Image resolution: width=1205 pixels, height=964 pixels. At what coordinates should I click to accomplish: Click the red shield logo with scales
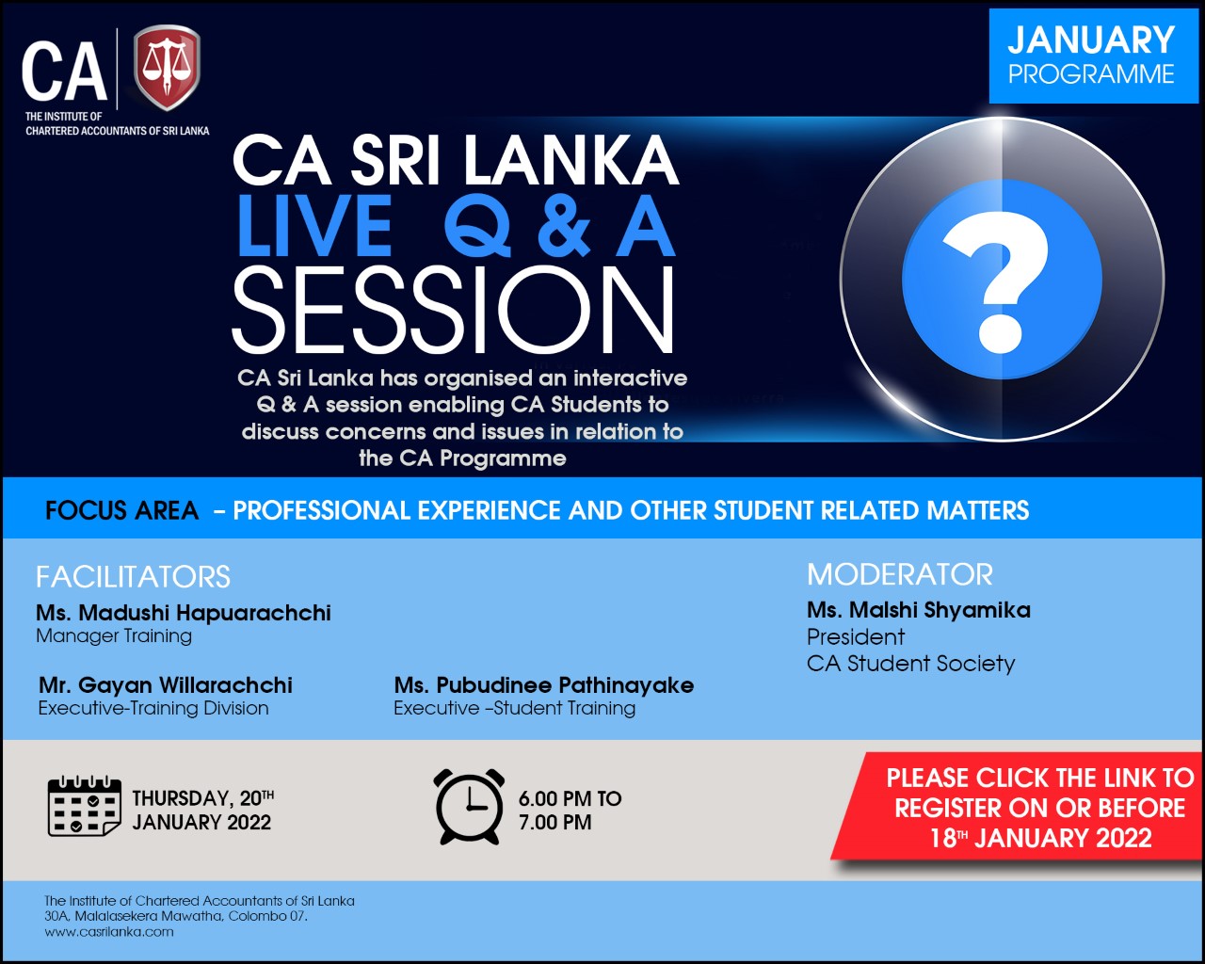click(x=167, y=67)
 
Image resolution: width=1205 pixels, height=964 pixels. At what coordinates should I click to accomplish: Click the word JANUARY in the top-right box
click(x=1091, y=40)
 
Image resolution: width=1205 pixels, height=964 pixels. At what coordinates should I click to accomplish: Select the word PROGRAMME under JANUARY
click(x=1091, y=74)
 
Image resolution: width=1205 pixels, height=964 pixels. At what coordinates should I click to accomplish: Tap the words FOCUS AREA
click(x=121, y=510)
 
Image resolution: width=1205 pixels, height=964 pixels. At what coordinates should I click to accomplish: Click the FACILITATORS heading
click(x=134, y=576)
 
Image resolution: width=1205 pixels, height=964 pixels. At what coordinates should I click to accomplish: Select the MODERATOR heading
click(x=900, y=574)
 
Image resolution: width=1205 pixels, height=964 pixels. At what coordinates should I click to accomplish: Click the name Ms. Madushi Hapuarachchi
click(x=184, y=613)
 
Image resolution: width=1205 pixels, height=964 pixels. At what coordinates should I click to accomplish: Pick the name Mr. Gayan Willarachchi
click(x=166, y=685)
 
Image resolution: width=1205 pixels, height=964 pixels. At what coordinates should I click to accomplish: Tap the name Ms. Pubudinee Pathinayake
click(x=544, y=685)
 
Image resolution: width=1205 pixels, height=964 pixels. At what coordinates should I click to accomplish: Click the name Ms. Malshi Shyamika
click(x=918, y=610)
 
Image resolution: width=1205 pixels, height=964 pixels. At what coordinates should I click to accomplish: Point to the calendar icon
click(x=85, y=807)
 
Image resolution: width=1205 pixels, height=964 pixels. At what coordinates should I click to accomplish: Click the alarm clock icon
click(x=469, y=807)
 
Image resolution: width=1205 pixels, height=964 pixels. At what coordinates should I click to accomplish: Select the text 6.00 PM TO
click(x=570, y=798)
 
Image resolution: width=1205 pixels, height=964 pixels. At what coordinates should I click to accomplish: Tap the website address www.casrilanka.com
click(x=109, y=931)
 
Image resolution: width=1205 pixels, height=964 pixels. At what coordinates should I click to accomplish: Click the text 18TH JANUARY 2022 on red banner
click(x=1040, y=839)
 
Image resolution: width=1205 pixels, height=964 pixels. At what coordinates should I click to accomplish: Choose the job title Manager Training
click(x=114, y=635)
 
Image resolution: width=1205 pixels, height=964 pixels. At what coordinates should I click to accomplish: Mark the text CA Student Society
click(x=910, y=663)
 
